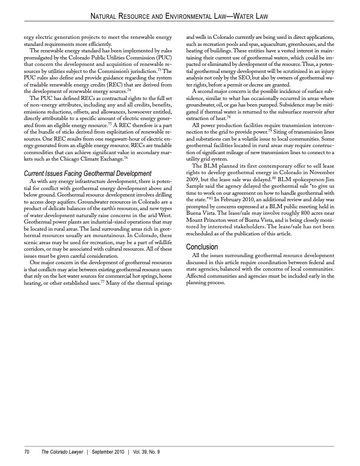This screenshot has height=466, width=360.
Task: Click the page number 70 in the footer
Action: pos(27,451)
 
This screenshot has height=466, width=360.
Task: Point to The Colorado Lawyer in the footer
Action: pos(61,451)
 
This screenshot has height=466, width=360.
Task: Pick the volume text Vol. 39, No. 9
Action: pos(151,451)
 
